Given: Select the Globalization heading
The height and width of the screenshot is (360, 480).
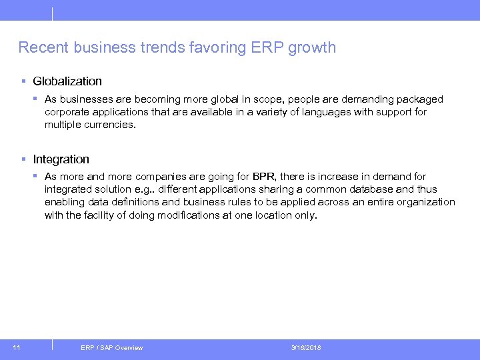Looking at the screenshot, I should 67,81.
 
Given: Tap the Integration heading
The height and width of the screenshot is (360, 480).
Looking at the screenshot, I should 61,159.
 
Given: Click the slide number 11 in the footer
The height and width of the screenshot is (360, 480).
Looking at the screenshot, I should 17,347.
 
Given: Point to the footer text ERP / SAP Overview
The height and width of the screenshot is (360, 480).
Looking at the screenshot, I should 111,347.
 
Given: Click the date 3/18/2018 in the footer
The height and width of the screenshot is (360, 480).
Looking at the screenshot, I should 306,347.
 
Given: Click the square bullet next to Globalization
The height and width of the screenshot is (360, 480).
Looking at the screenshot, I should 23,81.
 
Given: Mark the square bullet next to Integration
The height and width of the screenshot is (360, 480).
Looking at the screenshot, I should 23,159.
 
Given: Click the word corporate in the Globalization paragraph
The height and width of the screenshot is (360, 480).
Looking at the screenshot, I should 67,112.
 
